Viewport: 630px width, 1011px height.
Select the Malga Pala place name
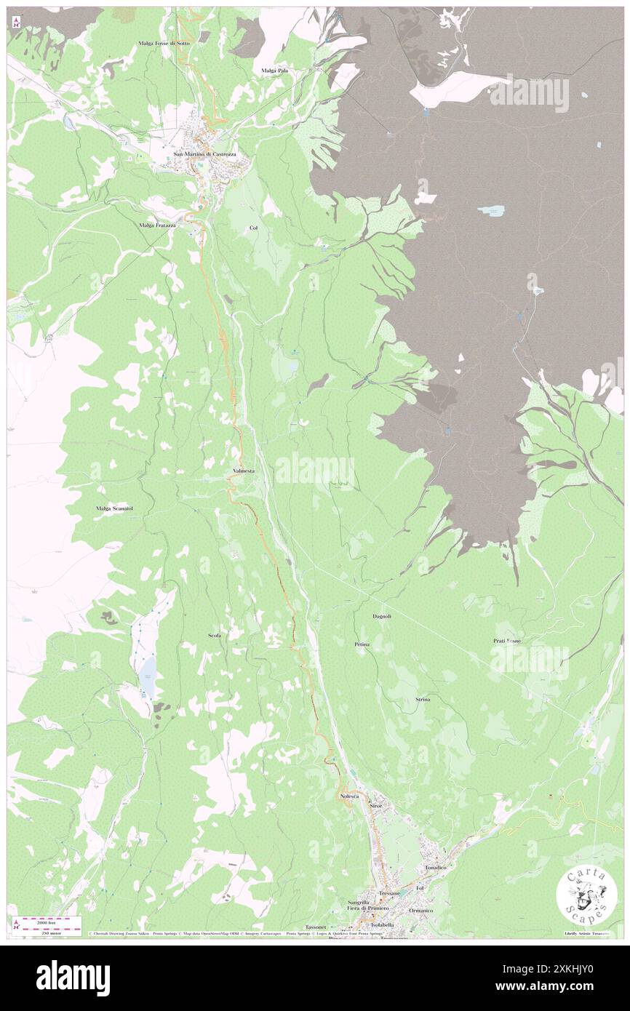[x=275, y=70]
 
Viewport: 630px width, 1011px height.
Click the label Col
[x=253, y=228]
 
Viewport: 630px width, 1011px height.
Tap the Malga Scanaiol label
[x=114, y=508]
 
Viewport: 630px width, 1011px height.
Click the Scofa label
[x=215, y=636]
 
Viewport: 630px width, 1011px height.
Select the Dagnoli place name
[x=382, y=616]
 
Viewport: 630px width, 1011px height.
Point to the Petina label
[x=362, y=644]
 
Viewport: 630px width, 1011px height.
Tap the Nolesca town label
[x=350, y=797]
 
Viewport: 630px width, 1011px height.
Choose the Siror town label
[x=375, y=806]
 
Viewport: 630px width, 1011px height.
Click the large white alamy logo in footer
[x=73, y=978]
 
